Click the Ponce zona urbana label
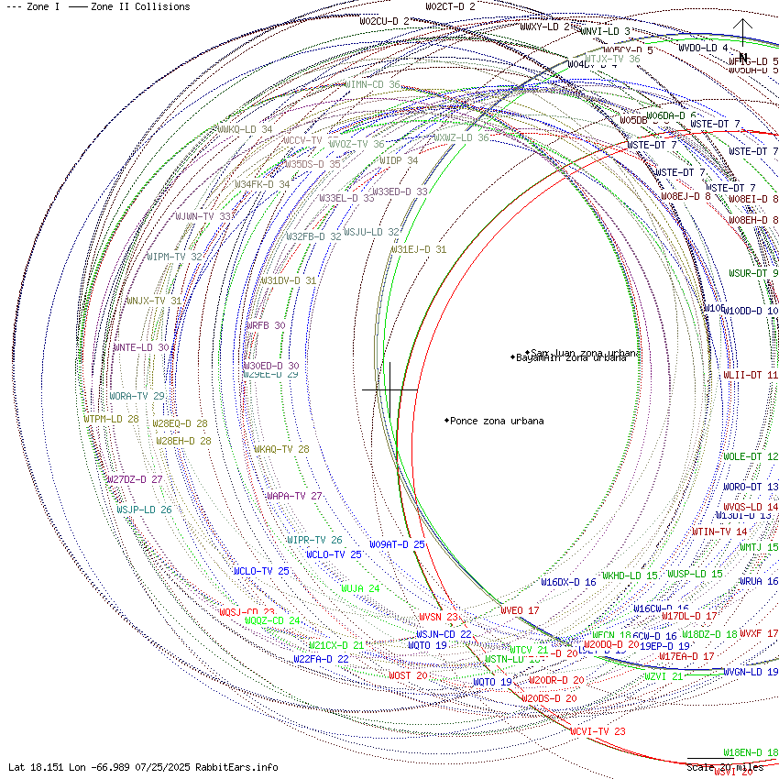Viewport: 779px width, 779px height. click(x=497, y=421)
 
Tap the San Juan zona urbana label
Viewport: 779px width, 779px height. click(x=587, y=352)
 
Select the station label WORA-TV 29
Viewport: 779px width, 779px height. click(x=137, y=396)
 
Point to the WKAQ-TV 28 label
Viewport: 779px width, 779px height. click(x=281, y=449)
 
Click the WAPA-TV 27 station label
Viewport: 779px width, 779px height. click(x=293, y=496)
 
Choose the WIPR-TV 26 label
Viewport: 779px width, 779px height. click(x=314, y=540)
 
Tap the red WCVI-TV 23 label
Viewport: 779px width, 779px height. click(x=598, y=731)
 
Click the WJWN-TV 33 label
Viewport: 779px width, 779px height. click(x=203, y=216)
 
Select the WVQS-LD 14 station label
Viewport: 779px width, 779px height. click(x=750, y=507)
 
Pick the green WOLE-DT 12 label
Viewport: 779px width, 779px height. click(x=750, y=456)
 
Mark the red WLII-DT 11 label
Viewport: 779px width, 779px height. click(x=750, y=375)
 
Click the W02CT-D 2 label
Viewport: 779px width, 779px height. click(x=450, y=6)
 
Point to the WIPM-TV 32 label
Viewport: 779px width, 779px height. click(x=174, y=257)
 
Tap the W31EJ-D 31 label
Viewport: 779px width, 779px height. click(x=419, y=249)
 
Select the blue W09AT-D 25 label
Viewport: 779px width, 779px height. click(x=397, y=544)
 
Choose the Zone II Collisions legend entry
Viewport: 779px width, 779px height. click(x=130, y=6)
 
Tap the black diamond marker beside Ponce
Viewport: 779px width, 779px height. click(x=447, y=421)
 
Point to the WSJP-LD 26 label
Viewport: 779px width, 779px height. click(x=144, y=510)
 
